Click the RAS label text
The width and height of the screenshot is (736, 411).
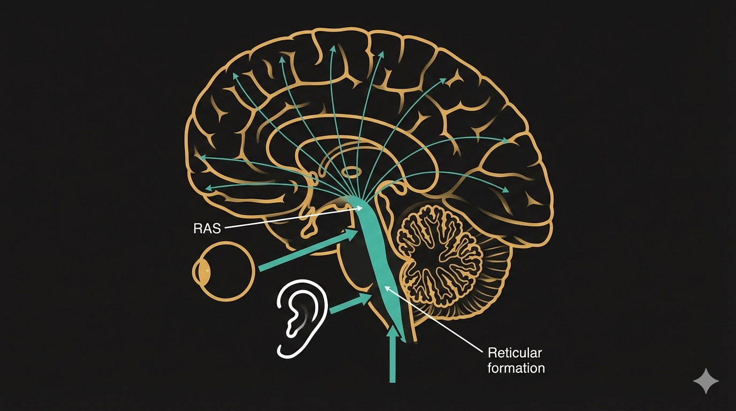[206, 229]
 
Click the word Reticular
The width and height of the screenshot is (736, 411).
[515, 353]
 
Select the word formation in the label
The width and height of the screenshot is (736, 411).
[516, 368]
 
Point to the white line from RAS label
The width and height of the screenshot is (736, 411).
[289, 219]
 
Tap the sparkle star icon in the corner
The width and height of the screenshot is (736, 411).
[706, 381]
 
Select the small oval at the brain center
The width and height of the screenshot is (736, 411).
[352, 172]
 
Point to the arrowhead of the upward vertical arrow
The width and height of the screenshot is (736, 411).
[393, 333]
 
